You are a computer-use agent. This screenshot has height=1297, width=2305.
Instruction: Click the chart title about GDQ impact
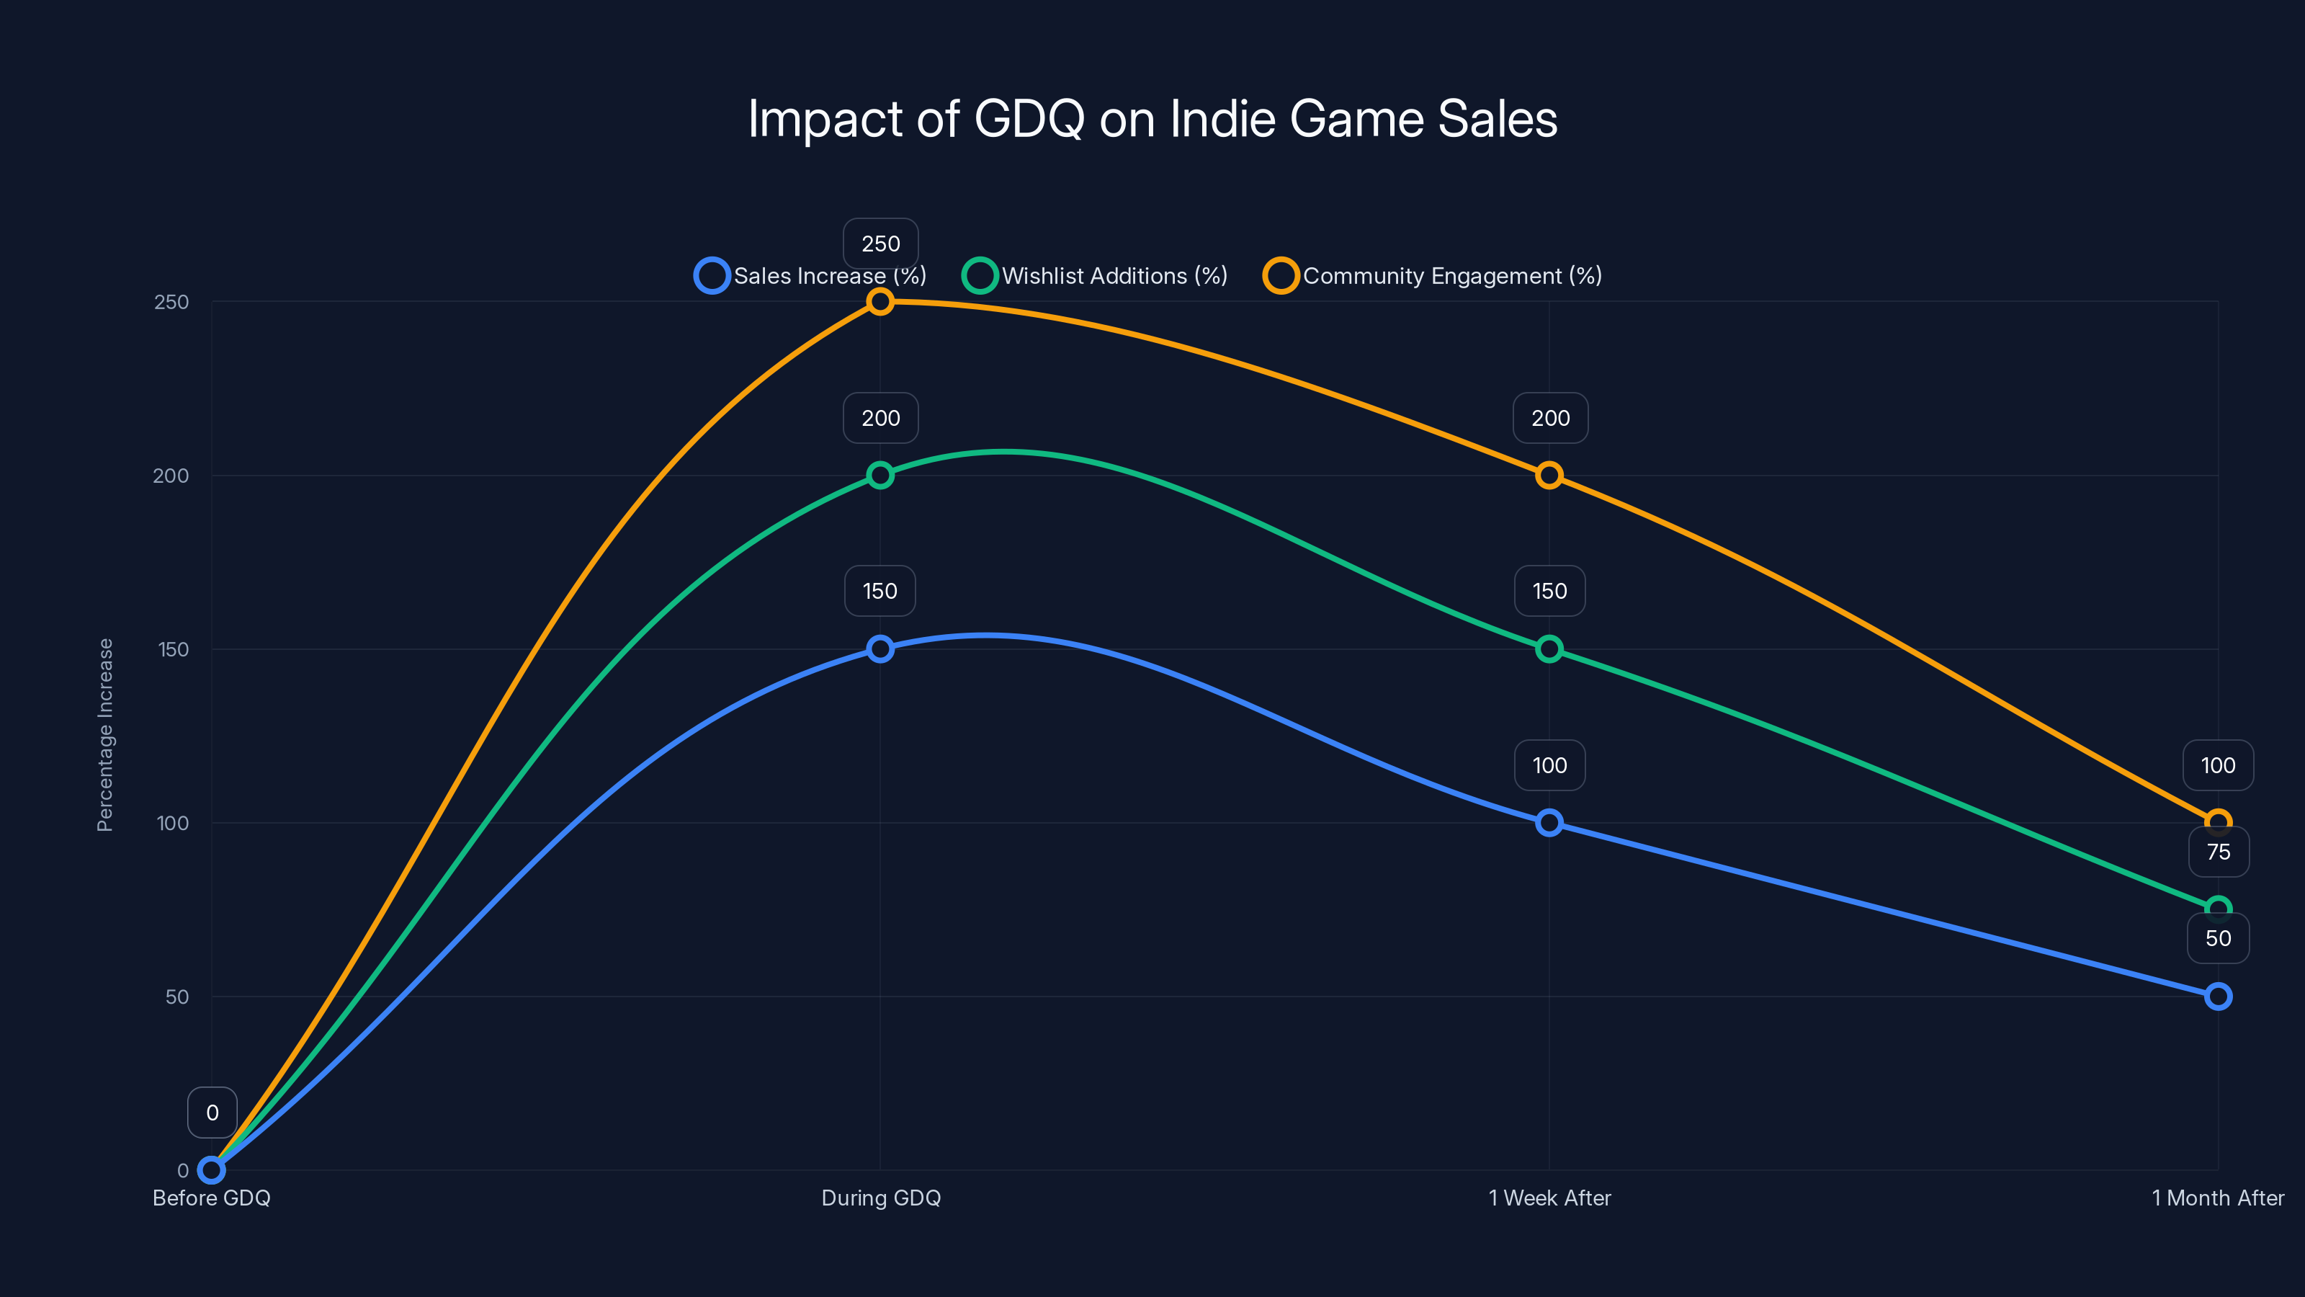tap(1152, 119)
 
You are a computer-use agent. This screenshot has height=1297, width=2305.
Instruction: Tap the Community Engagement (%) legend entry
tap(1433, 276)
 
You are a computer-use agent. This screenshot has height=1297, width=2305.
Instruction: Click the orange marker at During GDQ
tap(880, 302)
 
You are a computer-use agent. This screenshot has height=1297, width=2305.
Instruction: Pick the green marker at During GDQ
tap(880, 476)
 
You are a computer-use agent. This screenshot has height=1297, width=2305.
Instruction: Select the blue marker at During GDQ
tap(880, 649)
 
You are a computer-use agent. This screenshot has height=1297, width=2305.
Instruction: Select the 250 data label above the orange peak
tap(880, 244)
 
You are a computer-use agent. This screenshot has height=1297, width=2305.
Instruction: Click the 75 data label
tap(2219, 852)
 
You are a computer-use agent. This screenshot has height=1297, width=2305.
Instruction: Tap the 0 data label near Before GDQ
tap(212, 1113)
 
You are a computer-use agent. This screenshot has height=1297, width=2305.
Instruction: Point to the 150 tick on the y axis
tap(174, 650)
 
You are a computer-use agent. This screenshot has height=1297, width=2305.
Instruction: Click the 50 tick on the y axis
tap(177, 997)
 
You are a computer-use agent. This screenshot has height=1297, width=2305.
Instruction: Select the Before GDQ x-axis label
tap(211, 1198)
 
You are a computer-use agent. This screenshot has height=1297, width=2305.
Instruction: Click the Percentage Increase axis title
tap(106, 735)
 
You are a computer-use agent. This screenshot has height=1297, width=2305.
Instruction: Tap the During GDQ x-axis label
tap(880, 1198)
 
